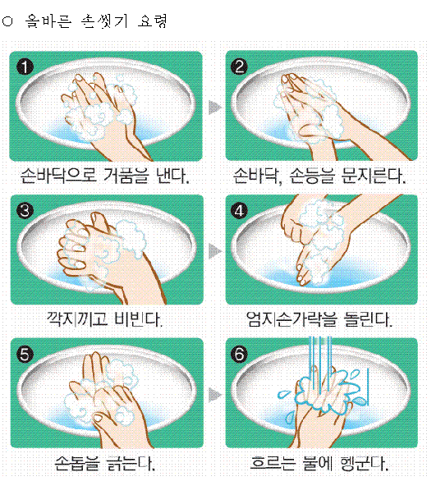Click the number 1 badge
pyautogui.click(x=25, y=66)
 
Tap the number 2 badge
pyautogui.click(x=239, y=66)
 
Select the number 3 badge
pyautogui.click(x=25, y=211)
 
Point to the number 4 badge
pyautogui.click(x=239, y=211)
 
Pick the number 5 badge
pyautogui.click(x=25, y=355)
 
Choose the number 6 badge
pyautogui.click(x=239, y=355)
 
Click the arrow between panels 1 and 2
pyautogui.click(x=215, y=108)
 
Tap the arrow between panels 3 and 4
pyautogui.click(x=215, y=251)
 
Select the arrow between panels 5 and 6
pyautogui.click(x=215, y=395)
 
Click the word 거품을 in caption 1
pyautogui.click(x=126, y=176)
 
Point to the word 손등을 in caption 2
pyautogui.click(x=311, y=176)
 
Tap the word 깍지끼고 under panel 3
pyautogui.click(x=77, y=319)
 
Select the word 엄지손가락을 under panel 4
pyautogui.click(x=292, y=319)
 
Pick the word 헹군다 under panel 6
pyautogui.click(x=364, y=463)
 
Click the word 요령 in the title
pyautogui.click(x=152, y=21)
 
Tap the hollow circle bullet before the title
pyautogui.click(x=7, y=21)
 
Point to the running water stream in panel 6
pyautogui.click(x=320, y=363)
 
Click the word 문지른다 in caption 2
pyautogui.click(x=373, y=176)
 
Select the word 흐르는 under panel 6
pyautogui.click(x=273, y=463)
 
